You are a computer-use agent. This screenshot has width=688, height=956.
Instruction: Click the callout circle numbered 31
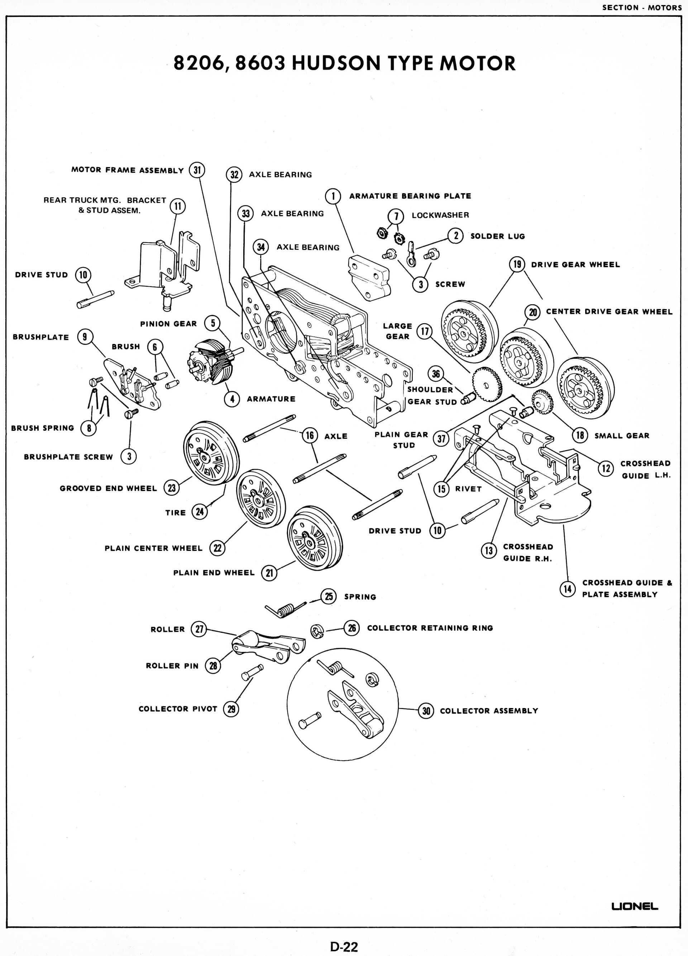[x=197, y=170]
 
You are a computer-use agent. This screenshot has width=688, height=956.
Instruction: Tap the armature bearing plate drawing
[x=368, y=277]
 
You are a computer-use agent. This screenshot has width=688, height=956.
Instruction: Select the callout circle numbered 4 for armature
[x=232, y=399]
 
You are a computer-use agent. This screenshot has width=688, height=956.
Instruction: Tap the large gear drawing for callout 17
[x=487, y=384]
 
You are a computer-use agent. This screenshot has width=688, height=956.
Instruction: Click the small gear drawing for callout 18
[x=542, y=401]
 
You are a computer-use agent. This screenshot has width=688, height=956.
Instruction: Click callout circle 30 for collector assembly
[x=426, y=711]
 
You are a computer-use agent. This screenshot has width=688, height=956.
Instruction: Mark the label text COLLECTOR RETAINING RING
[x=430, y=628]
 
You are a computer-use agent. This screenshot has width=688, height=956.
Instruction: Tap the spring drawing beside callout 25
[x=285, y=610]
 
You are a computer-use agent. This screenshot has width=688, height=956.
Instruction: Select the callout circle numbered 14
[x=568, y=588]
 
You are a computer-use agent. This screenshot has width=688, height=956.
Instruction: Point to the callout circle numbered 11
[x=177, y=206]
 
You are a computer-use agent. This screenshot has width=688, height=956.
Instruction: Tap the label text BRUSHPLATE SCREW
[x=68, y=457]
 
